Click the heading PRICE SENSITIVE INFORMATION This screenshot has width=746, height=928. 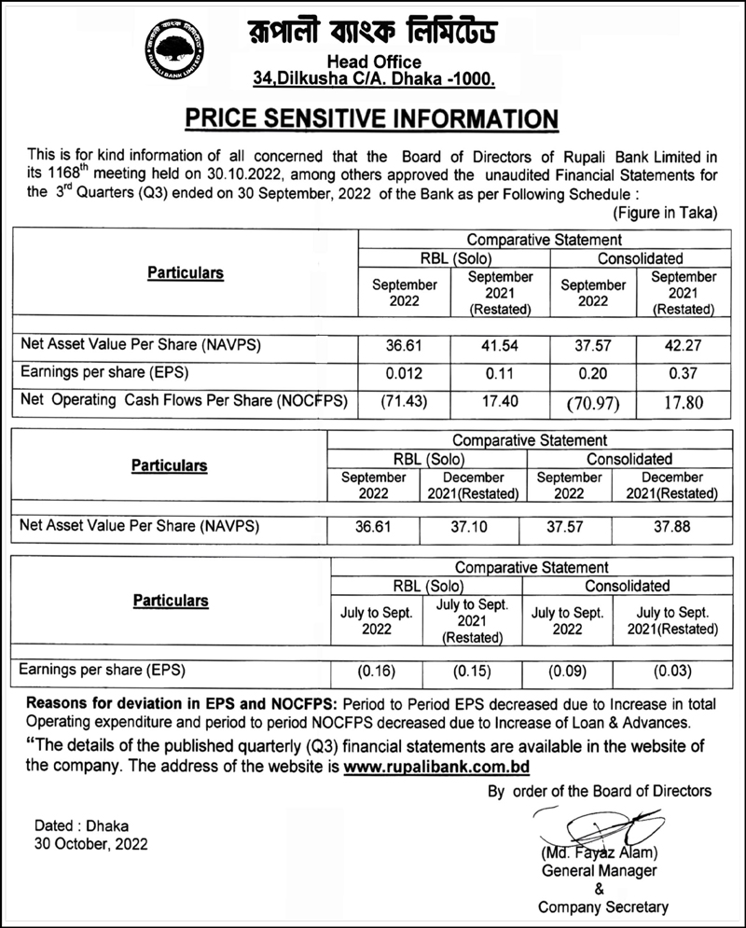(372, 119)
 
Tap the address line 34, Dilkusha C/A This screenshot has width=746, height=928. (373, 81)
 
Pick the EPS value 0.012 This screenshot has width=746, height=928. (405, 373)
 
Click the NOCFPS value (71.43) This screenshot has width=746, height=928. (405, 401)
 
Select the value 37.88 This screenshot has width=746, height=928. (671, 526)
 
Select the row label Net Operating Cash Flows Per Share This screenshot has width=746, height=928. (184, 401)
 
